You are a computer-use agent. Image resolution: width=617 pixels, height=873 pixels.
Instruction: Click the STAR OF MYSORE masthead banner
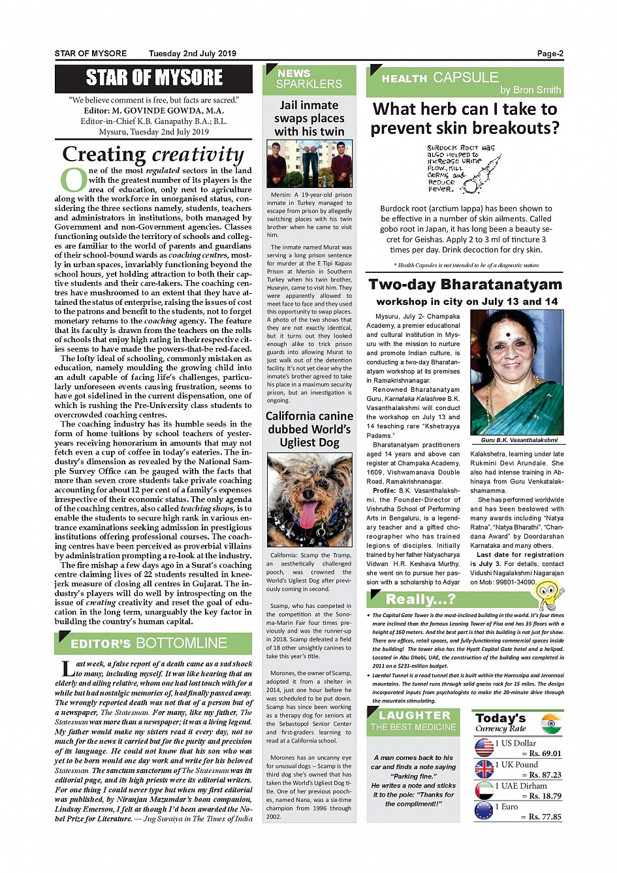[153, 78]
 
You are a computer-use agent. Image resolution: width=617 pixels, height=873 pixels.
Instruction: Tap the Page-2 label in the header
[550, 54]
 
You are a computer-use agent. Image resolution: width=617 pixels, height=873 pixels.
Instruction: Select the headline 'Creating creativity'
[153, 154]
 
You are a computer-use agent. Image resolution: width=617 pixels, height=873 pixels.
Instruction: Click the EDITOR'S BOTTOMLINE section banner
[153, 643]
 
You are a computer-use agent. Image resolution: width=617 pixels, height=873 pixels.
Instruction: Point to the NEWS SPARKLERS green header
[309, 79]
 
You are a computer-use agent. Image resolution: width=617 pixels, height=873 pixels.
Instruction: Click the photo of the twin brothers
[309, 164]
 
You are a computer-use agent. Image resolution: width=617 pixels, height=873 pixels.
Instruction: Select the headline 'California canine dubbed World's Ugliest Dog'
[309, 429]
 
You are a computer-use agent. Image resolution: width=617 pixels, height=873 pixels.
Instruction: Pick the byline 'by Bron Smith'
[530, 90]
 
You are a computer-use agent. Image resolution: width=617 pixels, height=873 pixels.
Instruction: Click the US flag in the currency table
[484, 748]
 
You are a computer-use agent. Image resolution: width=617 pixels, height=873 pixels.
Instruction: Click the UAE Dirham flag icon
[484, 790]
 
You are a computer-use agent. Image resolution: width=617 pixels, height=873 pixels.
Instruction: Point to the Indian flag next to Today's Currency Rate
[551, 723]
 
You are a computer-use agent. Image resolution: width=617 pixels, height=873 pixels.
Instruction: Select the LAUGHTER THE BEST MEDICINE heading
[414, 721]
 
